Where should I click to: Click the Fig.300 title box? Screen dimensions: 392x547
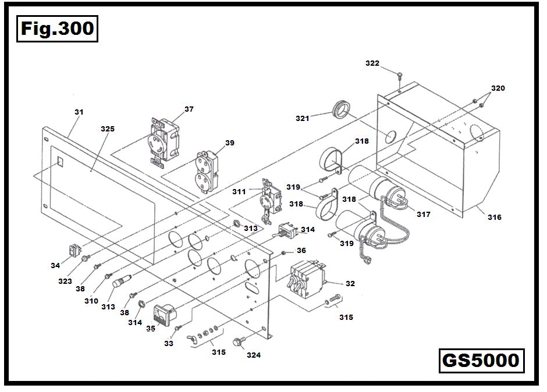(56, 28)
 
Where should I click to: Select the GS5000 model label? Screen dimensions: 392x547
(480, 360)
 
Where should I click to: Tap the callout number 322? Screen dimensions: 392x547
(372, 63)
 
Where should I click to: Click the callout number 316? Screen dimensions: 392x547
(494, 217)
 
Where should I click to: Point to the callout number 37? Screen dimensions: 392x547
(189, 109)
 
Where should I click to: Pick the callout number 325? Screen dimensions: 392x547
(108, 128)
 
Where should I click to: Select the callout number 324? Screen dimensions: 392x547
(254, 355)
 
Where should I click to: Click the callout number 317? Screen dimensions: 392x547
(423, 214)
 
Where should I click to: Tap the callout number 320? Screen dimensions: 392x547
(498, 88)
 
